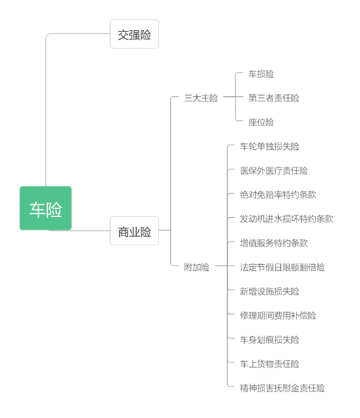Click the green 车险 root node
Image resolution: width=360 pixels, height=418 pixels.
(46, 208)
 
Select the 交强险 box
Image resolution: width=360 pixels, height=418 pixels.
(134, 34)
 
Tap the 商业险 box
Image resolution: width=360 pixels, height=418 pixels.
(134, 231)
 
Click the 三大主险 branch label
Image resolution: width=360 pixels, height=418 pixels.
(201, 98)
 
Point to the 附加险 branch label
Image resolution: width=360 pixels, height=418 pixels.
(197, 267)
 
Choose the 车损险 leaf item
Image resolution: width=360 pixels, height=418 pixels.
(261, 74)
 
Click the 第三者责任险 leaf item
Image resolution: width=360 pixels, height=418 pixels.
(274, 98)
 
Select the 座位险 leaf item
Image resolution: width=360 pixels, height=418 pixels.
(261, 122)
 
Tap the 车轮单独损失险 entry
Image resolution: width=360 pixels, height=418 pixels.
(270, 147)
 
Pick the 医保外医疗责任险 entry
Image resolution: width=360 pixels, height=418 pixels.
(274, 171)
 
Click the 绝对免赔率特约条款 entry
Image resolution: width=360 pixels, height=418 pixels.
(278, 195)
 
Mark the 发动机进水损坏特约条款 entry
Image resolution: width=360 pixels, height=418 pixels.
(287, 219)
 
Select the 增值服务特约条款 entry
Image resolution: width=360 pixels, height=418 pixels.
(274, 243)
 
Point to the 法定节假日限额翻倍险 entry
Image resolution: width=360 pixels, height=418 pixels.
(282, 267)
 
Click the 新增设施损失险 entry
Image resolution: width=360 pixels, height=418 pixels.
(270, 291)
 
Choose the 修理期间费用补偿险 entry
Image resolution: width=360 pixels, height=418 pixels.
(278, 316)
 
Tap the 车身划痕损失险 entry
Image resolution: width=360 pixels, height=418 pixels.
(270, 340)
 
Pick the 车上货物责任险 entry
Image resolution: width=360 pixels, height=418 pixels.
(270, 364)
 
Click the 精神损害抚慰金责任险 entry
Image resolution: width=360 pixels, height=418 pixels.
(282, 388)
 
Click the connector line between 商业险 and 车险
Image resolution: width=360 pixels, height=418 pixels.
(91, 231)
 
